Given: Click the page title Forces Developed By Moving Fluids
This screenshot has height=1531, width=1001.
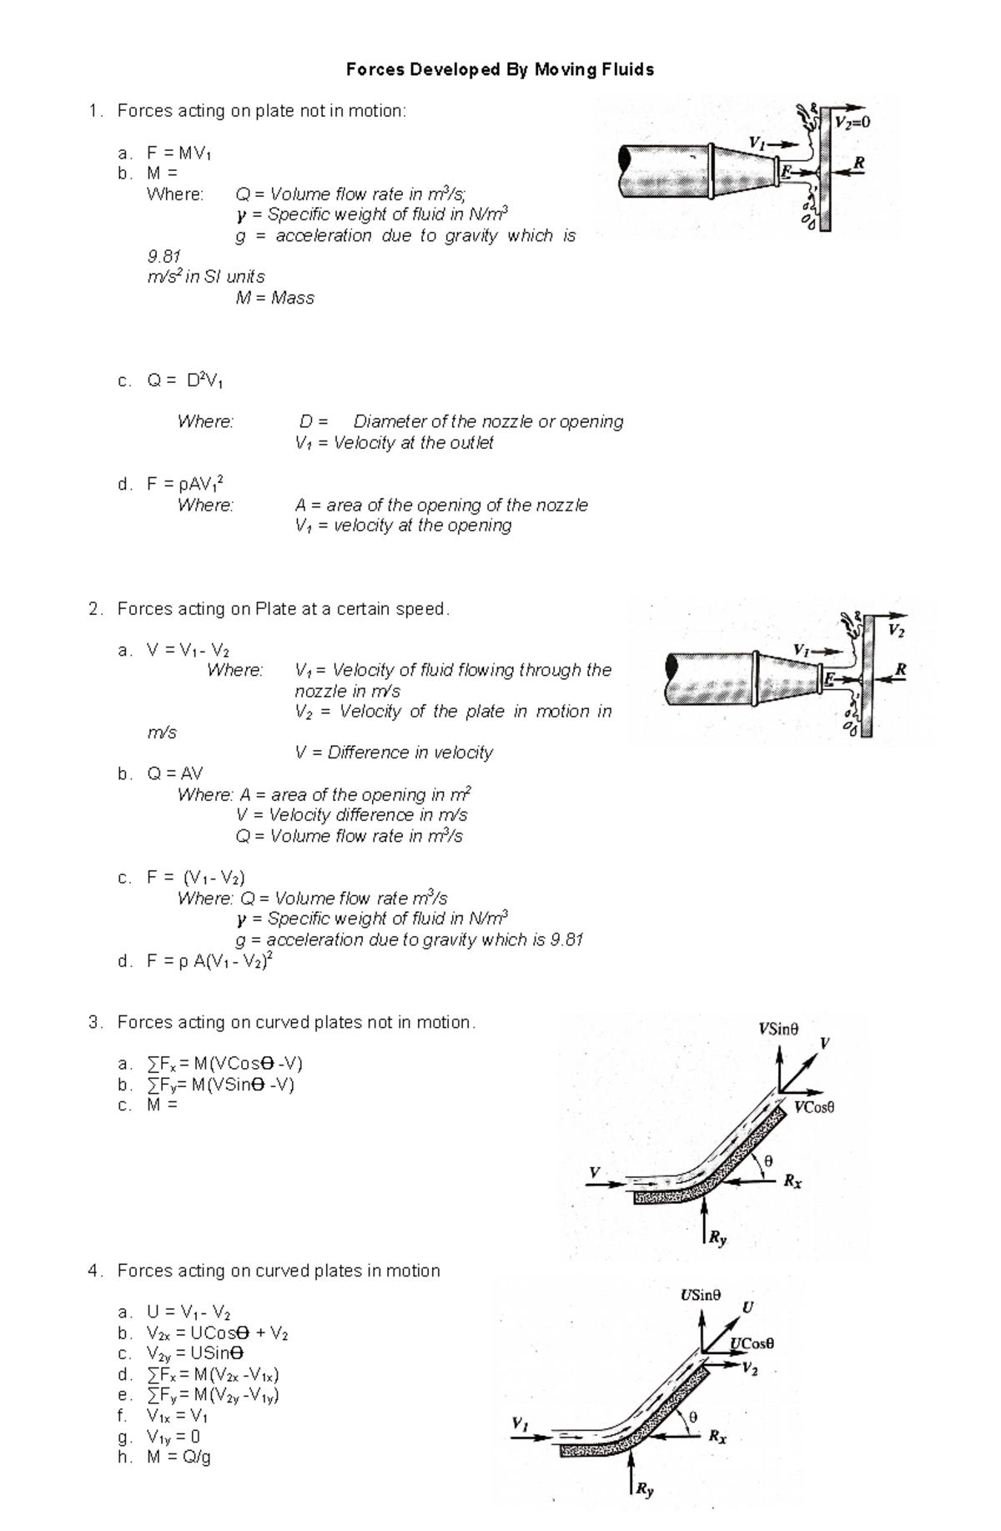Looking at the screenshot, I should (500, 70).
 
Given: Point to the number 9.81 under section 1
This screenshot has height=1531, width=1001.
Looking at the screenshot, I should (164, 256).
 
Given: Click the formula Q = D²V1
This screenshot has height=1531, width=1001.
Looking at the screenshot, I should (184, 381).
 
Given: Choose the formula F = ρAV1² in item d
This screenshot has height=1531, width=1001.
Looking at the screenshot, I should (184, 484).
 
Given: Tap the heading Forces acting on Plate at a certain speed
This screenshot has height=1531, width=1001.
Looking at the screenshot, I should (283, 609).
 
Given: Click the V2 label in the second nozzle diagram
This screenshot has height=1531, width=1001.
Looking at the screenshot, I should (896, 631).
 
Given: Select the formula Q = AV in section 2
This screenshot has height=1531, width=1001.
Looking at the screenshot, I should (174, 773).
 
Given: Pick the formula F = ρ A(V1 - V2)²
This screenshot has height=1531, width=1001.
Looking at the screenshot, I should (209, 961).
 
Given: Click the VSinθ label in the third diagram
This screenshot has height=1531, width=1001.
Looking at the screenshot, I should (778, 1029).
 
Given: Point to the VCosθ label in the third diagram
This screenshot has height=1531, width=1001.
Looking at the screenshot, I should (814, 1107).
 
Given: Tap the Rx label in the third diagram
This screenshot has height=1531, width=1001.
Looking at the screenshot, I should (792, 1181).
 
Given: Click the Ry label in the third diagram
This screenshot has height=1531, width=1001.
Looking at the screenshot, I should (717, 1239).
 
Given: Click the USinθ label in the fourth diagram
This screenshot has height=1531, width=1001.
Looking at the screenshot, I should (700, 1295).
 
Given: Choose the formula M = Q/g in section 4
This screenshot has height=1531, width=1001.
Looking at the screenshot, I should (179, 1458).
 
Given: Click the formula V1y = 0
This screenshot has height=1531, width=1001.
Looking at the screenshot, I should (174, 1437).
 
